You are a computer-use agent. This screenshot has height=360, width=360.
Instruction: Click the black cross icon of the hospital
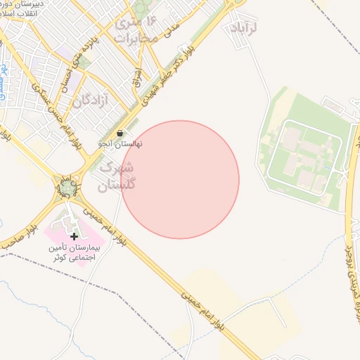74,236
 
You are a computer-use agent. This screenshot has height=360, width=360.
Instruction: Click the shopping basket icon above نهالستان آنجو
120,133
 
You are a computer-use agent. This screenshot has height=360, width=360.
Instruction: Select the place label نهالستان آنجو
119,143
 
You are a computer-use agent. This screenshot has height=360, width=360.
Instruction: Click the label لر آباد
245,27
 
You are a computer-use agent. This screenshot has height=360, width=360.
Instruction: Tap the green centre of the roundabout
67,188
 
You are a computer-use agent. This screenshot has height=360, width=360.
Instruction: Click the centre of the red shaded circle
180,179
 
